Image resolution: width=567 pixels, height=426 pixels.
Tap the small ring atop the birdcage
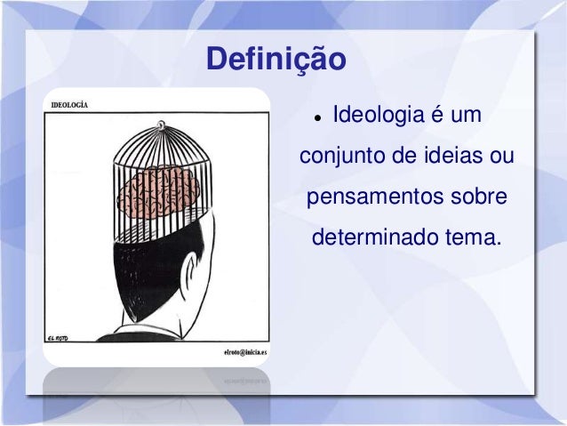(x=160, y=127)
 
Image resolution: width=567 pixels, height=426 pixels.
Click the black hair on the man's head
(x=142, y=276)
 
